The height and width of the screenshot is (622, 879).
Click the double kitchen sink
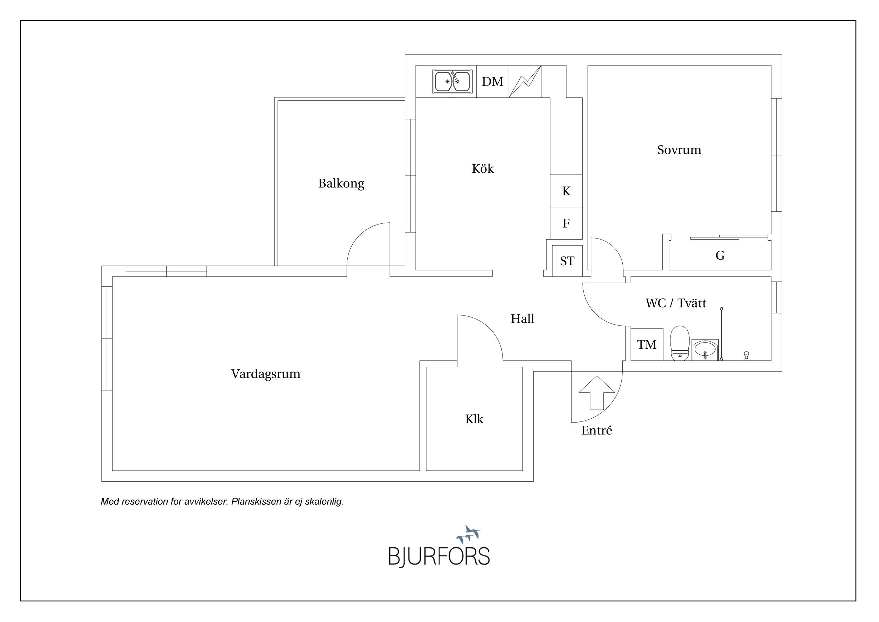452,81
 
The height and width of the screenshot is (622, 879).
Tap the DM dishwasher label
492,82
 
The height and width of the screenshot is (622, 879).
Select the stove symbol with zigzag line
525,82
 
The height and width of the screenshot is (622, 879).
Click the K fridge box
566,191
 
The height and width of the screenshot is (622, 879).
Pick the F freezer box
566,223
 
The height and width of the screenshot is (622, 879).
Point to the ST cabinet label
567,261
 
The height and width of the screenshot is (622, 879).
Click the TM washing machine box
647,344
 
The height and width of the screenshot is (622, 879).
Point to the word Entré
596,431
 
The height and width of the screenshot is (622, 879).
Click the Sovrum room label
679,150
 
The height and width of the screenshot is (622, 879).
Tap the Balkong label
341,183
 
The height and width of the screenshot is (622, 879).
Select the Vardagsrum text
266,374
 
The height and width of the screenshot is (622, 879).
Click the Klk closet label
474,419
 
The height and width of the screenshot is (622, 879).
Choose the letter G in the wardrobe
720,255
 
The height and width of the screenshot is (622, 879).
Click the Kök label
483,169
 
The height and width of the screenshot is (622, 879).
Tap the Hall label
522,319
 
